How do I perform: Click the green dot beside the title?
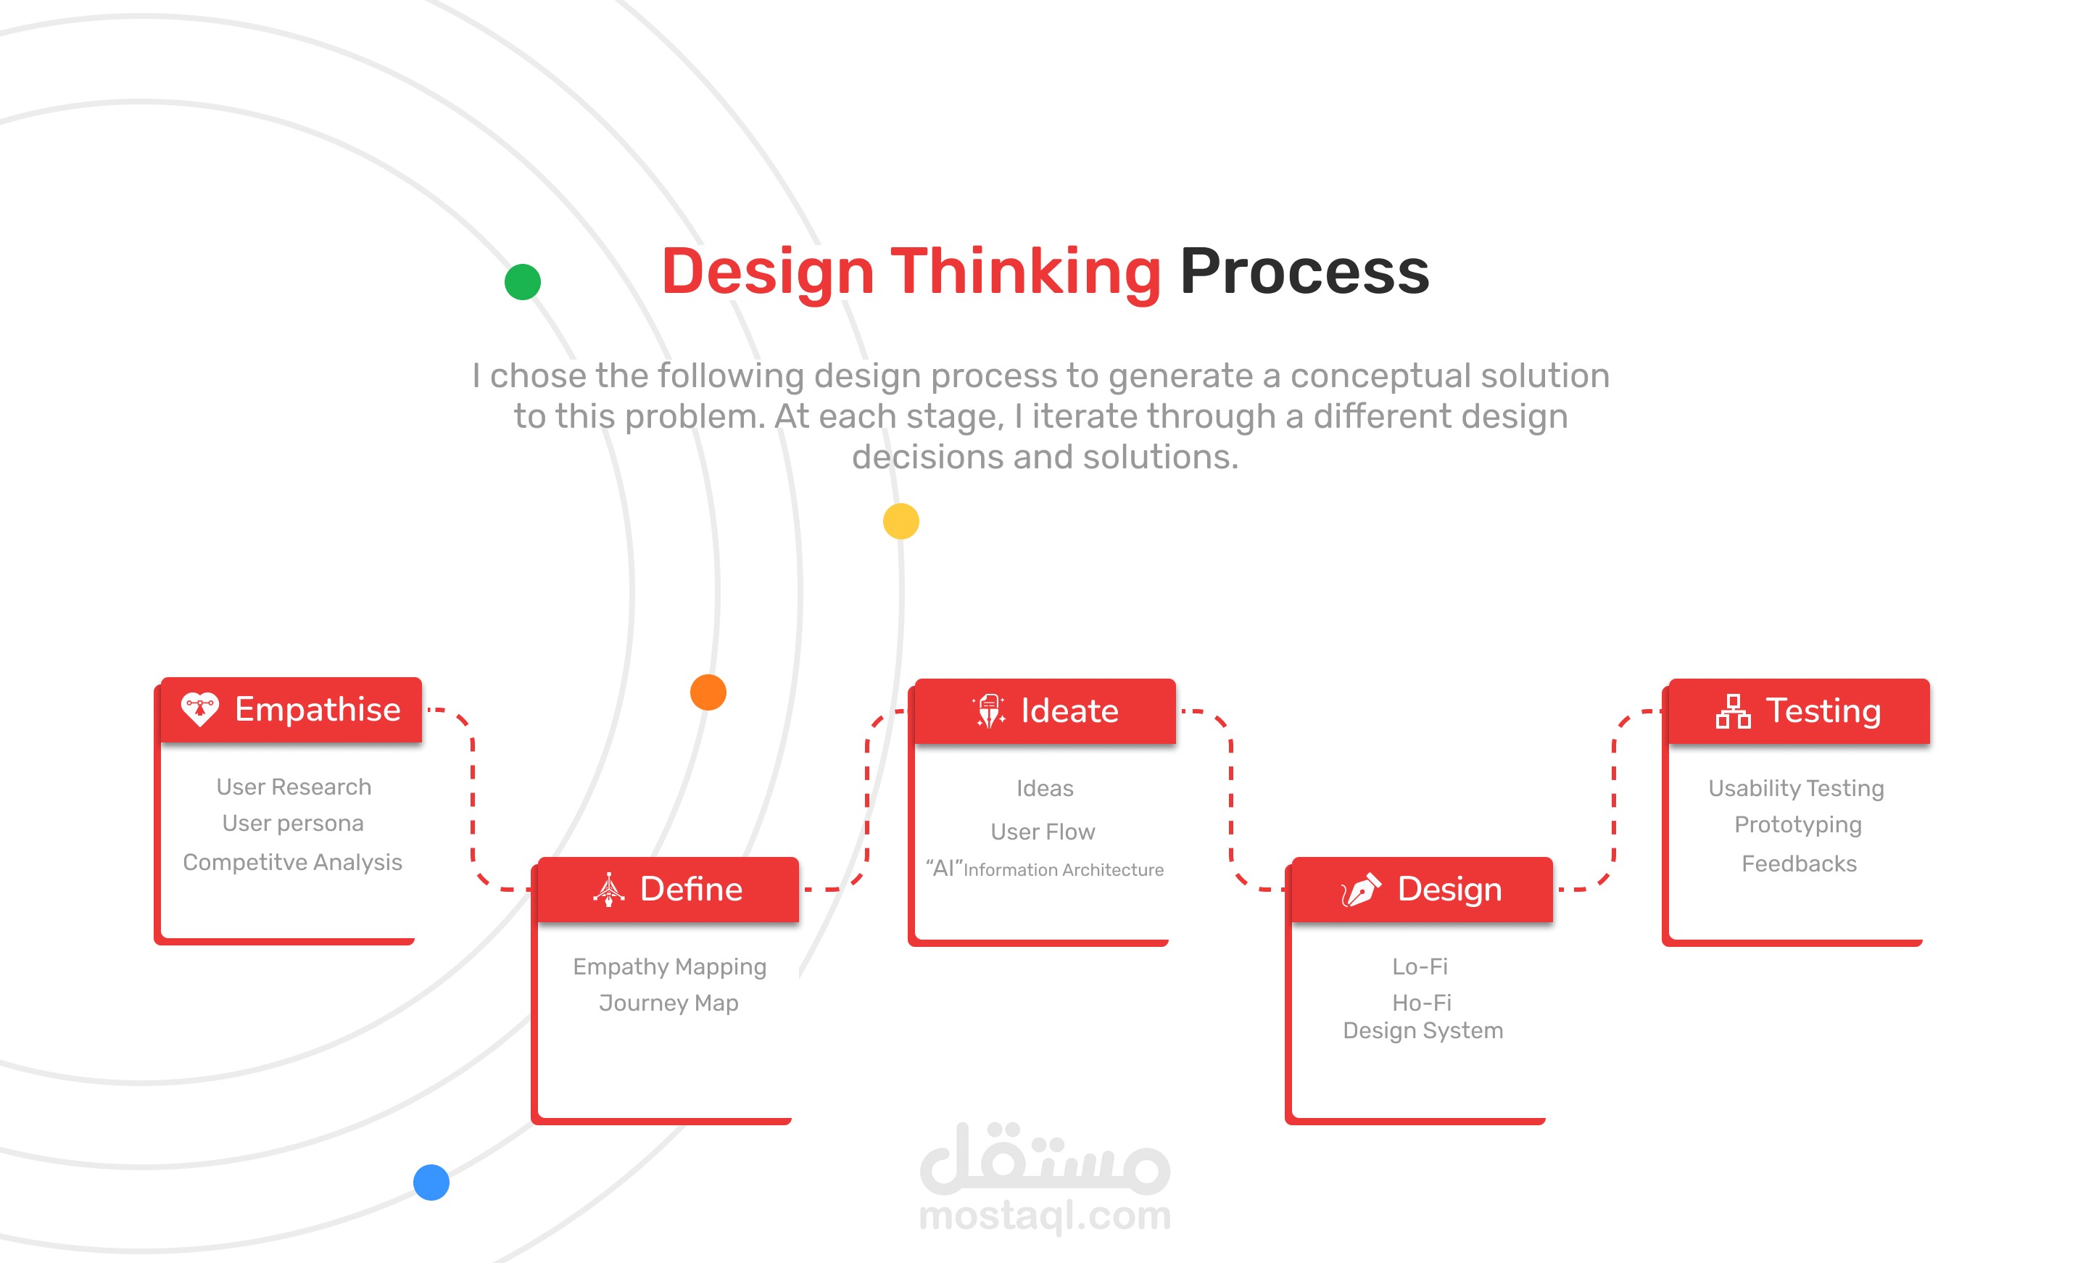523,282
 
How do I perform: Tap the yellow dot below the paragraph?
901,521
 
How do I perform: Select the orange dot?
708,692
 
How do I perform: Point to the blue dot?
431,1183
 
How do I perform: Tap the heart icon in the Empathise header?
200,710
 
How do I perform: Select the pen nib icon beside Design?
1361,890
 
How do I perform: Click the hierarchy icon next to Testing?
1733,711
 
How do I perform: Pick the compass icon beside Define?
608,890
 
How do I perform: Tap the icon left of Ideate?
990,711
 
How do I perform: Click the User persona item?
293,824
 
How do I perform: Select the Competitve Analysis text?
293,862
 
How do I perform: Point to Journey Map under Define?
668,1003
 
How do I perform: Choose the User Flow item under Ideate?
1043,832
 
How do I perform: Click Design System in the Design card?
1423,1031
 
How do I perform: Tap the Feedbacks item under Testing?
1799,864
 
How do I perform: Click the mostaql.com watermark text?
1045,1215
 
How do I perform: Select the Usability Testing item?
1797,790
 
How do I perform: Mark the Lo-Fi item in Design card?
1420,966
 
